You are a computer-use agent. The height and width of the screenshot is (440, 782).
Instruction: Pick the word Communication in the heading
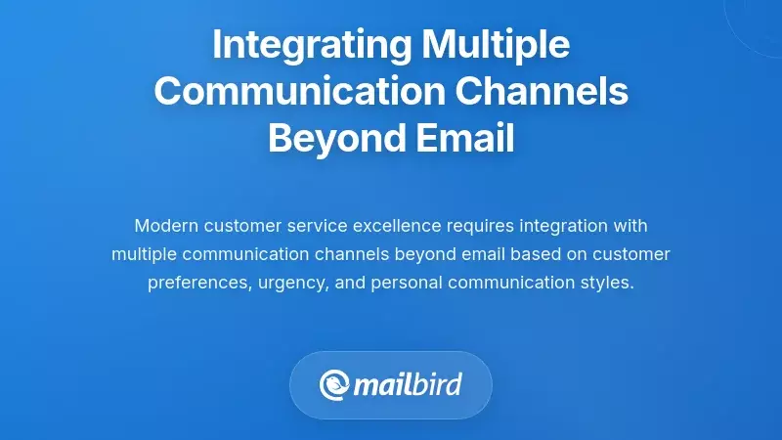pos(283,92)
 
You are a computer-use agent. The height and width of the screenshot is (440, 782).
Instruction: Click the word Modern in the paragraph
pos(165,226)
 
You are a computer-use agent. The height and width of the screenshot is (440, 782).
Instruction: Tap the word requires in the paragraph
pos(479,226)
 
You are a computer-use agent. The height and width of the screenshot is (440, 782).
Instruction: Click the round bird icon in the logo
pos(334,384)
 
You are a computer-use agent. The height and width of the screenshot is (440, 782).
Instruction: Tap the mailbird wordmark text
pos(410,383)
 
